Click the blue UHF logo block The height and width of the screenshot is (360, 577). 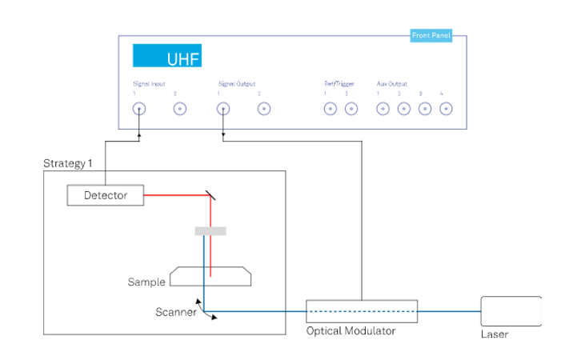click(166, 56)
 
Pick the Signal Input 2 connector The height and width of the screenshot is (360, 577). click(181, 110)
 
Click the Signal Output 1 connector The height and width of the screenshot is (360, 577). click(223, 110)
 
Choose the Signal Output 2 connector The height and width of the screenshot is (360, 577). click(264, 110)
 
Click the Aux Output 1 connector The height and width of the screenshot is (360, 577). click(383, 110)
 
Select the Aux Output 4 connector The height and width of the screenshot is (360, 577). click(446, 110)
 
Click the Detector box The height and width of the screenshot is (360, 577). click(106, 194)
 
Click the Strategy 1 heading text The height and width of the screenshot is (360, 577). click(68, 163)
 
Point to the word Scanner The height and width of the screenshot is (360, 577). click(176, 312)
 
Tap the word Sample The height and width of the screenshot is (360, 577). click(146, 282)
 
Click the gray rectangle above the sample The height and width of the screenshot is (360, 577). click(210, 231)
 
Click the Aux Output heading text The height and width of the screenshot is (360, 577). click(392, 83)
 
